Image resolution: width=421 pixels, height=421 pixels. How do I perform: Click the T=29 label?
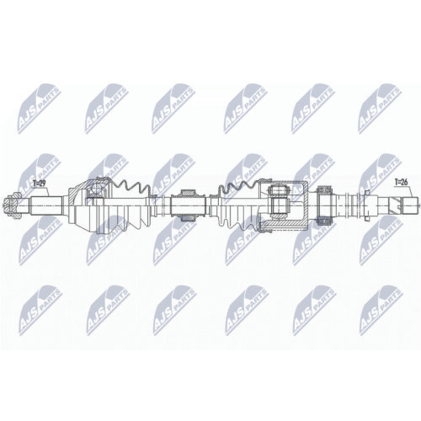click(39, 182)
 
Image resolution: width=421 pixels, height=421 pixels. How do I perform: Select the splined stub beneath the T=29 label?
click(42, 202)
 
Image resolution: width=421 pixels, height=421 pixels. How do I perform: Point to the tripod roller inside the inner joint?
click(278, 203)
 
